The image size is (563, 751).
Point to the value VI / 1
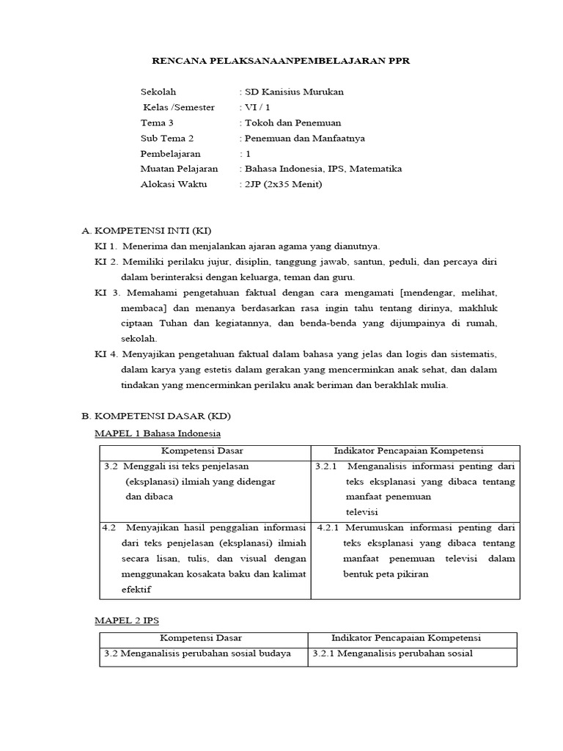(x=256, y=107)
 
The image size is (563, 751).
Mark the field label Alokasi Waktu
(x=174, y=184)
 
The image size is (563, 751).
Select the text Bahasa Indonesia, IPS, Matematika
(x=323, y=169)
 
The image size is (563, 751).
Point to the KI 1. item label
(x=106, y=246)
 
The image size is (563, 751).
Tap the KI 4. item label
(x=106, y=353)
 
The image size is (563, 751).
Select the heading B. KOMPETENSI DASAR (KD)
(x=151, y=416)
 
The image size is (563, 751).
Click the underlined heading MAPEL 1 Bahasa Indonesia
(x=158, y=433)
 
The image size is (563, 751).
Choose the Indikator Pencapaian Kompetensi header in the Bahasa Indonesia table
(x=415, y=450)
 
